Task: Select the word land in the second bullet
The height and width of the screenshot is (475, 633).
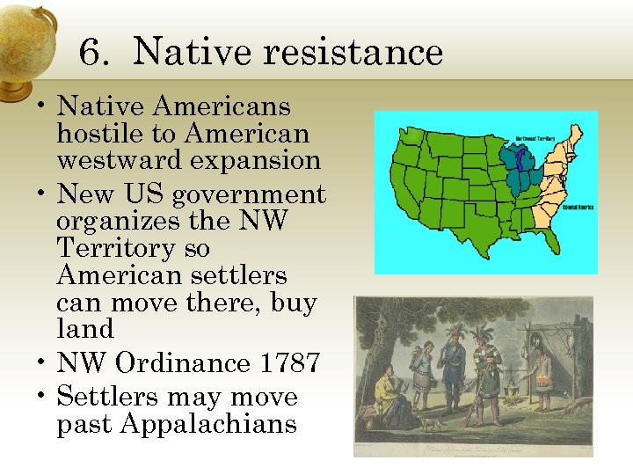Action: tap(85, 329)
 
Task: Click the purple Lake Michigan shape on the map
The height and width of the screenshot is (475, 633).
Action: tap(520, 162)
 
